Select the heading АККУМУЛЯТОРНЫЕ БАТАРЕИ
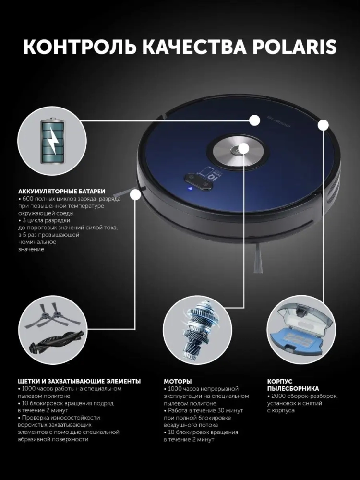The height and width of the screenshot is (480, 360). pyautogui.click(x=61, y=192)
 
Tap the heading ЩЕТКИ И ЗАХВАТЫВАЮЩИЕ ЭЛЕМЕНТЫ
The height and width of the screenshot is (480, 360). pyautogui.click(x=79, y=382)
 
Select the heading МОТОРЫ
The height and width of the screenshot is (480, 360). pyautogui.click(x=178, y=382)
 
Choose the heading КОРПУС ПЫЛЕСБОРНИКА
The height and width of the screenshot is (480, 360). pyautogui.click(x=293, y=385)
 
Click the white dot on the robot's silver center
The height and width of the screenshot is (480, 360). pyautogui.click(x=244, y=149)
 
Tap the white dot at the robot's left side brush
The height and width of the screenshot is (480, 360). pyautogui.click(x=135, y=195)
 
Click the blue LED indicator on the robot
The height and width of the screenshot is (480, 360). pyautogui.click(x=190, y=189)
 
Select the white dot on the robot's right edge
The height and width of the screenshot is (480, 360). pyautogui.click(x=323, y=125)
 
